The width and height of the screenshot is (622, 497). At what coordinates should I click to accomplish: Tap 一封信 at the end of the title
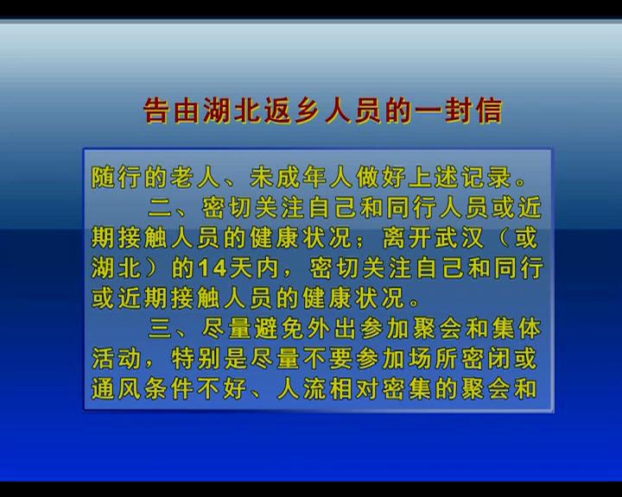pos(459,110)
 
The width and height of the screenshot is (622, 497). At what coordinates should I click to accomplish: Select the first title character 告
pos(156,110)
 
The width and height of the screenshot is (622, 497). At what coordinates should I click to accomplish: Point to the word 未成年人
pos(301,177)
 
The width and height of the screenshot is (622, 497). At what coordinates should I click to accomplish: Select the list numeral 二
pos(160,207)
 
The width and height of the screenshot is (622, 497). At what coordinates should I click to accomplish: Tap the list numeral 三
pos(160,329)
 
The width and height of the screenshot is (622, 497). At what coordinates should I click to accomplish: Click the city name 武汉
pos(460,238)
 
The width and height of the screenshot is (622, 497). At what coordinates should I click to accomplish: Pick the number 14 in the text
pos(213,268)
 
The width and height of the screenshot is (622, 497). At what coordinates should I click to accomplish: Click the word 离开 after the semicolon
pos(407,238)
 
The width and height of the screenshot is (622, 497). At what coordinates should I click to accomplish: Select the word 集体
pos(517,329)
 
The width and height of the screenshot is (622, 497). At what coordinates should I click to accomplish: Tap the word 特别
pos(196,359)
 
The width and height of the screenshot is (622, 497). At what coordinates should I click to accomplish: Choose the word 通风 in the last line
pos(117,389)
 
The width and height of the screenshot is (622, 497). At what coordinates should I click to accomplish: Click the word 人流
pos(301,389)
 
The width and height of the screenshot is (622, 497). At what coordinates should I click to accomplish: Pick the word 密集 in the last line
pos(407,389)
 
